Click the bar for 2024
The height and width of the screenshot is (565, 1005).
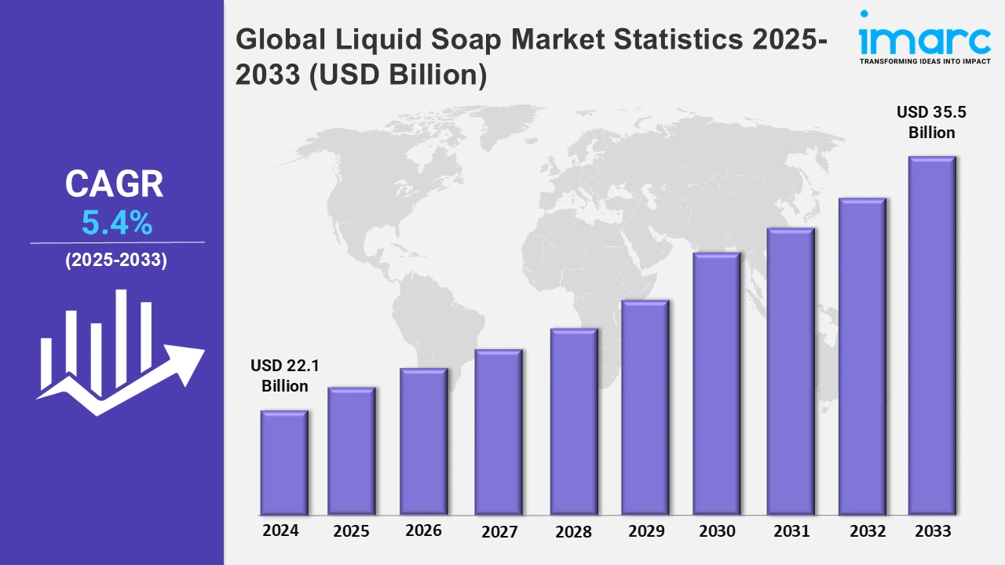[284, 462]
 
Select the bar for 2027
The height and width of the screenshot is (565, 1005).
[499, 432]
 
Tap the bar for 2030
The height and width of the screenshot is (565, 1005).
[717, 384]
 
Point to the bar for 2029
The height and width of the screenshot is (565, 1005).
[645, 407]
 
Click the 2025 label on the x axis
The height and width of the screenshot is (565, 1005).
[351, 531]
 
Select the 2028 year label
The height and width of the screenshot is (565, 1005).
[573, 531]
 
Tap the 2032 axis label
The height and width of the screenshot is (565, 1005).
[867, 531]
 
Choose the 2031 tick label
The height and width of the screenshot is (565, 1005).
[791, 531]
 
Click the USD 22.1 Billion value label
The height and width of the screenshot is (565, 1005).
[285, 376]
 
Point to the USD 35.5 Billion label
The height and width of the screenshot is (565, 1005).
[932, 122]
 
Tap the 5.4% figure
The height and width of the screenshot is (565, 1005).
[117, 224]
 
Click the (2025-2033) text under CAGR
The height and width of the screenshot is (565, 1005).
[116, 261]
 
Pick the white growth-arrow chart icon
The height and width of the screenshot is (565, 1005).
[118, 353]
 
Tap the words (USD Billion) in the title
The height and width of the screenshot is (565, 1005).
[397, 75]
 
